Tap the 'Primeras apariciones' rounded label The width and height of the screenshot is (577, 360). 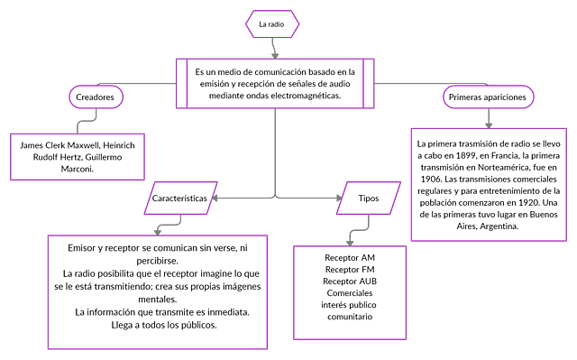click(488, 97)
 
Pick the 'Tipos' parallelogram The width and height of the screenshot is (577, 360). click(368, 196)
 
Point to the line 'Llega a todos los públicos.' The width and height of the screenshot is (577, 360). click(157, 325)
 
